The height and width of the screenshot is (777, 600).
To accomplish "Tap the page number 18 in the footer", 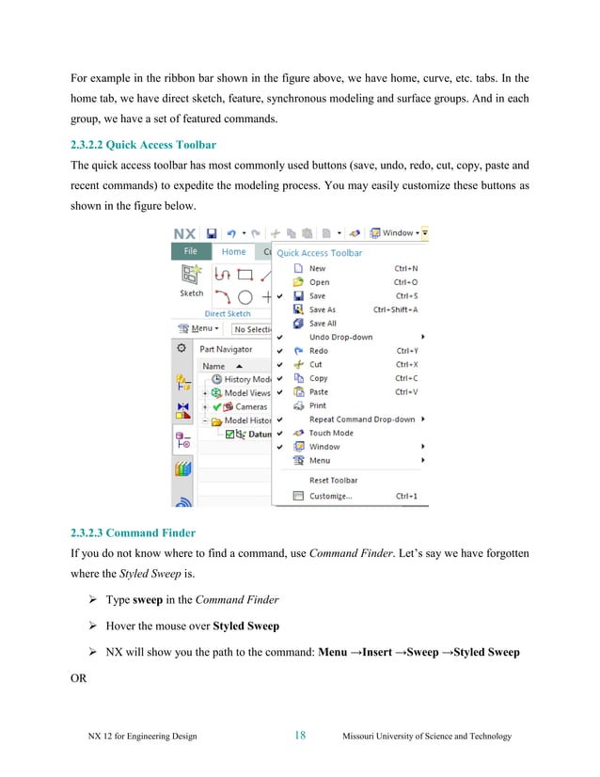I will click(x=299, y=736).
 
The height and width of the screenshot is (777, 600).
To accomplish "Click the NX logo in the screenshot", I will click(x=183, y=232).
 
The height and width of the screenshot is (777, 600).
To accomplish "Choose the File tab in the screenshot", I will click(x=191, y=252).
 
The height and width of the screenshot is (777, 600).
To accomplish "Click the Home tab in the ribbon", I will click(x=233, y=252).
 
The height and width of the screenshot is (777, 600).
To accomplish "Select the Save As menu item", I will click(x=322, y=309).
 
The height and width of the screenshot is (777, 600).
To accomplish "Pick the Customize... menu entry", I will click(x=330, y=496).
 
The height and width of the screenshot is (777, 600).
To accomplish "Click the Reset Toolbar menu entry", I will click(x=333, y=481).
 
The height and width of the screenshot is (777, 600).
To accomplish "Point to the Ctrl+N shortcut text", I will click(x=406, y=268).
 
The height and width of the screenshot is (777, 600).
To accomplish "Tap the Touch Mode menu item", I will click(x=331, y=433).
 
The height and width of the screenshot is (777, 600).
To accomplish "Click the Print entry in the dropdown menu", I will click(x=318, y=405).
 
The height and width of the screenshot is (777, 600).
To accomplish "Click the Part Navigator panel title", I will click(x=227, y=349).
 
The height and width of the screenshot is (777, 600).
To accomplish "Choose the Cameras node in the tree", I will click(x=251, y=406).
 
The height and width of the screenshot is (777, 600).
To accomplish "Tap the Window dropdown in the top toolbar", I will click(x=397, y=232).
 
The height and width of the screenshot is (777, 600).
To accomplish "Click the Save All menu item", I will click(x=323, y=324).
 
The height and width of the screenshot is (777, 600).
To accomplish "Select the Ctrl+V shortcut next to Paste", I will click(x=406, y=392).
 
